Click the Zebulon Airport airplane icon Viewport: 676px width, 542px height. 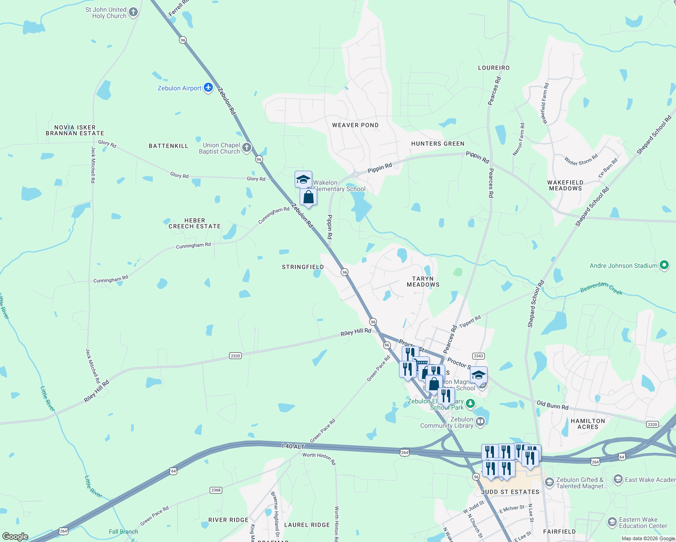(208, 88)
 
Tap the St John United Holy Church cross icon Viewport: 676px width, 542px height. (133, 12)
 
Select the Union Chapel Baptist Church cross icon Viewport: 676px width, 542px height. (247, 147)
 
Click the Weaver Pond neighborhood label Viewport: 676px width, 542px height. (355, 125)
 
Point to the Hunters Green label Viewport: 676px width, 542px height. (437, 144)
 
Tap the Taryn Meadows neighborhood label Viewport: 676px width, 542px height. (423, 282)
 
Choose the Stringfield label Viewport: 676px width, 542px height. (303, 267)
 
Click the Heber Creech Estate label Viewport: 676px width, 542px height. (195, 224)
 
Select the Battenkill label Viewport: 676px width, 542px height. (169, 146)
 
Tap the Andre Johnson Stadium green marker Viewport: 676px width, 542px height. (664, 265)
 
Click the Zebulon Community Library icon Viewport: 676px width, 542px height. (480, 422)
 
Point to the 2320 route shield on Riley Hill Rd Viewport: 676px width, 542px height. (235, 356)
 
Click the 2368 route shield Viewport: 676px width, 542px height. (216, 490)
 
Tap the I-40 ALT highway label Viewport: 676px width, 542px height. (293, 446)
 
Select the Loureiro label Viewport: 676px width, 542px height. (494, 68)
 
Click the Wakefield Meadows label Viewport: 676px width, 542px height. (565, 186)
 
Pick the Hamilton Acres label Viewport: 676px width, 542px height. (587, 424)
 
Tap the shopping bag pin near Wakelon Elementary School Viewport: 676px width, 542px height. (308, 197)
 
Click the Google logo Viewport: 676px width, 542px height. (15, 537)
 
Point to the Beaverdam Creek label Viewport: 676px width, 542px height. (601, 288)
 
